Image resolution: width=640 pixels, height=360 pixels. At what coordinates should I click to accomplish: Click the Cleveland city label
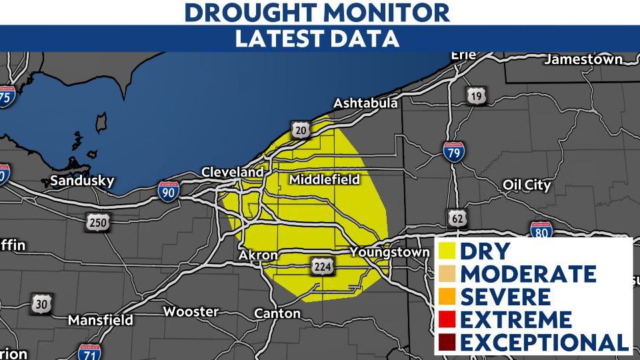point(233,173)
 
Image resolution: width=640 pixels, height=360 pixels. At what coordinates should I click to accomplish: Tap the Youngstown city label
point(391,252)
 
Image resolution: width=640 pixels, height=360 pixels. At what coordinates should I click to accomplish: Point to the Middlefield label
point(324,179)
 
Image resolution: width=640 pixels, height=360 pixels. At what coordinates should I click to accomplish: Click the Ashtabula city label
point(365,103)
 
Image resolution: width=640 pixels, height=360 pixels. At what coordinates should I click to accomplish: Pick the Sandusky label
point(82,181)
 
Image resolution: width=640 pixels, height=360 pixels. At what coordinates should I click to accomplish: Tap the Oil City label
point(527,185)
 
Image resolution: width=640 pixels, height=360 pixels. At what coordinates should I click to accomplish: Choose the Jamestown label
point(583,59)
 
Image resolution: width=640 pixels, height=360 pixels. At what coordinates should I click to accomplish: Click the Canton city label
point(277,313)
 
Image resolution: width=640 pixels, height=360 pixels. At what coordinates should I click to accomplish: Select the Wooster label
point(191,311)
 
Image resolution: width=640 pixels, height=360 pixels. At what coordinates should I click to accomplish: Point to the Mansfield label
point(101,320)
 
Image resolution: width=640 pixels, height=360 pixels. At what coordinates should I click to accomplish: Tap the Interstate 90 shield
point(169,192)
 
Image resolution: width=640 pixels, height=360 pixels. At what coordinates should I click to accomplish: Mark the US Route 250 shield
point(98,223)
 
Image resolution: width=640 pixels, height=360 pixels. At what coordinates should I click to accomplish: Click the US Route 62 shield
point(458,217)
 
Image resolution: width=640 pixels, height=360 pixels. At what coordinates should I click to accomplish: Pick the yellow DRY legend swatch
point(447,251)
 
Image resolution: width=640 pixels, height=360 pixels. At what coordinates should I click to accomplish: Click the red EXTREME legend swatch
point(447,320)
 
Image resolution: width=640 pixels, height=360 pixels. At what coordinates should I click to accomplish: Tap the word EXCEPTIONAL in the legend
point(544,342)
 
